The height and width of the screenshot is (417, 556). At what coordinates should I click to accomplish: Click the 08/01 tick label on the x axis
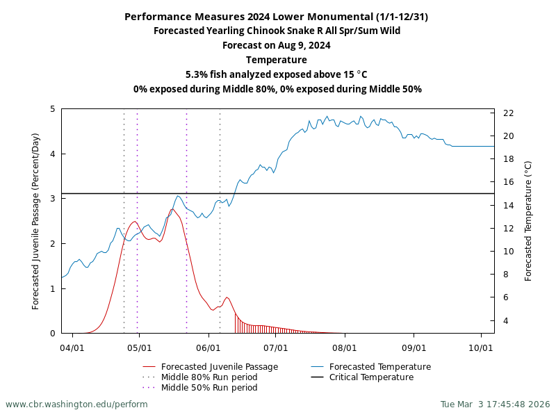coord(345,347)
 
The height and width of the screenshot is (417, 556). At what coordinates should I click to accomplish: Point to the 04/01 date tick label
coord(72,347)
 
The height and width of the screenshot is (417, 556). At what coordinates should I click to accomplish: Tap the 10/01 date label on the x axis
coord(482,347)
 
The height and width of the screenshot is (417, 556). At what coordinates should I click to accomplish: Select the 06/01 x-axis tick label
coord(208,347)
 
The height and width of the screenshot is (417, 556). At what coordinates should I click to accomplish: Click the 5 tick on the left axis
coord(53,109)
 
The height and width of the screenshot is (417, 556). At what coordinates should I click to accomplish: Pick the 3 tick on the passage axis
coord(53,199)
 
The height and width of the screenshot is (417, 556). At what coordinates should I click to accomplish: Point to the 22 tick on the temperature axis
coord(508,113)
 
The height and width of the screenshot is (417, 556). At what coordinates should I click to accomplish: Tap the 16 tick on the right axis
coord(508,182)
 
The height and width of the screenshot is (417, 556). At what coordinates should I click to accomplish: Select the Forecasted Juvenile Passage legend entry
coord(219,367)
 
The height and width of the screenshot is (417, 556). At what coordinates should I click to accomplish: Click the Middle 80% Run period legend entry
coord(208,377)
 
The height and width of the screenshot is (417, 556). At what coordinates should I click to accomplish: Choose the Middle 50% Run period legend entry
coord(208,388)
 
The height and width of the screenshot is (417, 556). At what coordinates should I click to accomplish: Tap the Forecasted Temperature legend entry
coord(379,367)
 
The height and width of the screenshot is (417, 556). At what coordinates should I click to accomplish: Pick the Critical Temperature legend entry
coord(371,377)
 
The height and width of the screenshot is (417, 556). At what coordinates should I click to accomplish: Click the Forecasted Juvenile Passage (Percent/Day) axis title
coord(36,221)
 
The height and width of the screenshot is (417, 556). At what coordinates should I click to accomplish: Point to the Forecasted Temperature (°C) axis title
coord(528,221)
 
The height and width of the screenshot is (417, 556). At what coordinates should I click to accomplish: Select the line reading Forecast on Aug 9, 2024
coord(277,45)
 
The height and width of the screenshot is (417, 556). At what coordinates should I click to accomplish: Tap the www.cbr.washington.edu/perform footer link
coord(76,404)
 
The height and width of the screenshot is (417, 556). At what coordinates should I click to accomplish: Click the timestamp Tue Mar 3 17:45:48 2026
coord(495,404)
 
